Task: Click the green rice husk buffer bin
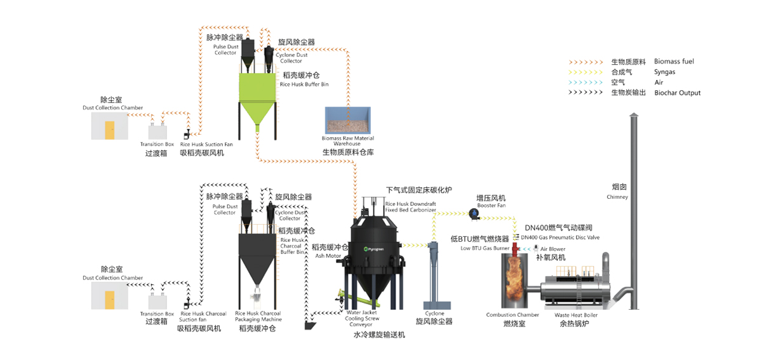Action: click(258, 89)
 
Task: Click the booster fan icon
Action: click(474, 215)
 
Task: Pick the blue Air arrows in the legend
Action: click(584, 83)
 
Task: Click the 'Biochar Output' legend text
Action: click(677, 93)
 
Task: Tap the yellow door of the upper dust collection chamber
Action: click(110, 130)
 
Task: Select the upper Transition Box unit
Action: click(157, 131)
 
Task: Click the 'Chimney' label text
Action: click(617, 197)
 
